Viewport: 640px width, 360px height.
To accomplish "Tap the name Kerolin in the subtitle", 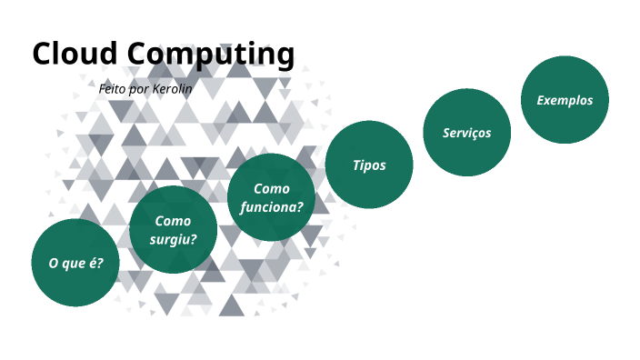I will click(171, 89).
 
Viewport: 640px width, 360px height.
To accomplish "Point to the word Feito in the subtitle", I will click(114, 89).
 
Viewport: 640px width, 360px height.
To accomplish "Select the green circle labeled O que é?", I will click(75, 263).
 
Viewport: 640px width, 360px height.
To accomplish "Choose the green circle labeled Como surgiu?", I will click(173, 230).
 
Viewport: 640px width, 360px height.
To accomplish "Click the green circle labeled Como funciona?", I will click(271, 197).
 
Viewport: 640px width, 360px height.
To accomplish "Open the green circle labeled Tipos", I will click(369, 165).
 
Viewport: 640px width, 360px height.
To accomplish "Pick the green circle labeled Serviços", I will click(467, 133).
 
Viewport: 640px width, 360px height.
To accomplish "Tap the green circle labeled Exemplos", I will click(565, 100).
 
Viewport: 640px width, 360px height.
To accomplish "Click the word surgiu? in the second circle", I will click(173, 240).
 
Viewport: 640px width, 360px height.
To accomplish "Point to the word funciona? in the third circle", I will click(271, 206).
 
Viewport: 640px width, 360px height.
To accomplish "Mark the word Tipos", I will click(369, 165).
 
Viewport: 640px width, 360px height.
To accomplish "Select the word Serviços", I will click(467, 133).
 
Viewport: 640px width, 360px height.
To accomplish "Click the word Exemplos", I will click(565, 100).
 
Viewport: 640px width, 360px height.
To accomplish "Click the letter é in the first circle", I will click(95, 263).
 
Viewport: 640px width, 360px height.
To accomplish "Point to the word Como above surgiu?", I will click(173, 221).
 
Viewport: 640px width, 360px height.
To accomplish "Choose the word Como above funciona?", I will click(271, 188).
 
